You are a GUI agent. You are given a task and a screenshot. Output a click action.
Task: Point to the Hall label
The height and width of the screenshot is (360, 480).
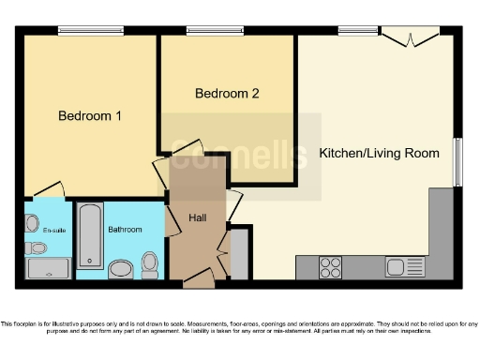[x=198, y=217]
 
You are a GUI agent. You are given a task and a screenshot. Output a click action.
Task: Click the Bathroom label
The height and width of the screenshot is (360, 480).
[x=124, y=229]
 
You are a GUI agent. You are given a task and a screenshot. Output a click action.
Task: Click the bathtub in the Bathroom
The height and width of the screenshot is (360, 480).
[x=89, y=236]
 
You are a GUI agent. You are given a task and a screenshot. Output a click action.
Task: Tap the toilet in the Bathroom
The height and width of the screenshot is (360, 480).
[x=149, y=261]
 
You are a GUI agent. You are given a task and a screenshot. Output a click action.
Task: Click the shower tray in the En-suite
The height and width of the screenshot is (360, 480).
[x=47, y=269]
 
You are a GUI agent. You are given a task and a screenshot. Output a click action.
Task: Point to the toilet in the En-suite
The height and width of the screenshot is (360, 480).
[x=36, y=248]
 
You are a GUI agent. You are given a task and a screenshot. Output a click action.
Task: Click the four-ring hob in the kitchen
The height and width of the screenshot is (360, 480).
[x=331, y=266]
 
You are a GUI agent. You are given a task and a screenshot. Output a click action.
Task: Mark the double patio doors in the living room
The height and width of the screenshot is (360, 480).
[x=411, y=37]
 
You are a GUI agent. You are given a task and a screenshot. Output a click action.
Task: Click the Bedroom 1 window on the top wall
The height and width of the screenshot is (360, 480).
[x=90, y=33]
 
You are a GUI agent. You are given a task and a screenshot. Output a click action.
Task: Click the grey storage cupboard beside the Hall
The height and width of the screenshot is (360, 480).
[x=239, y=254]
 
